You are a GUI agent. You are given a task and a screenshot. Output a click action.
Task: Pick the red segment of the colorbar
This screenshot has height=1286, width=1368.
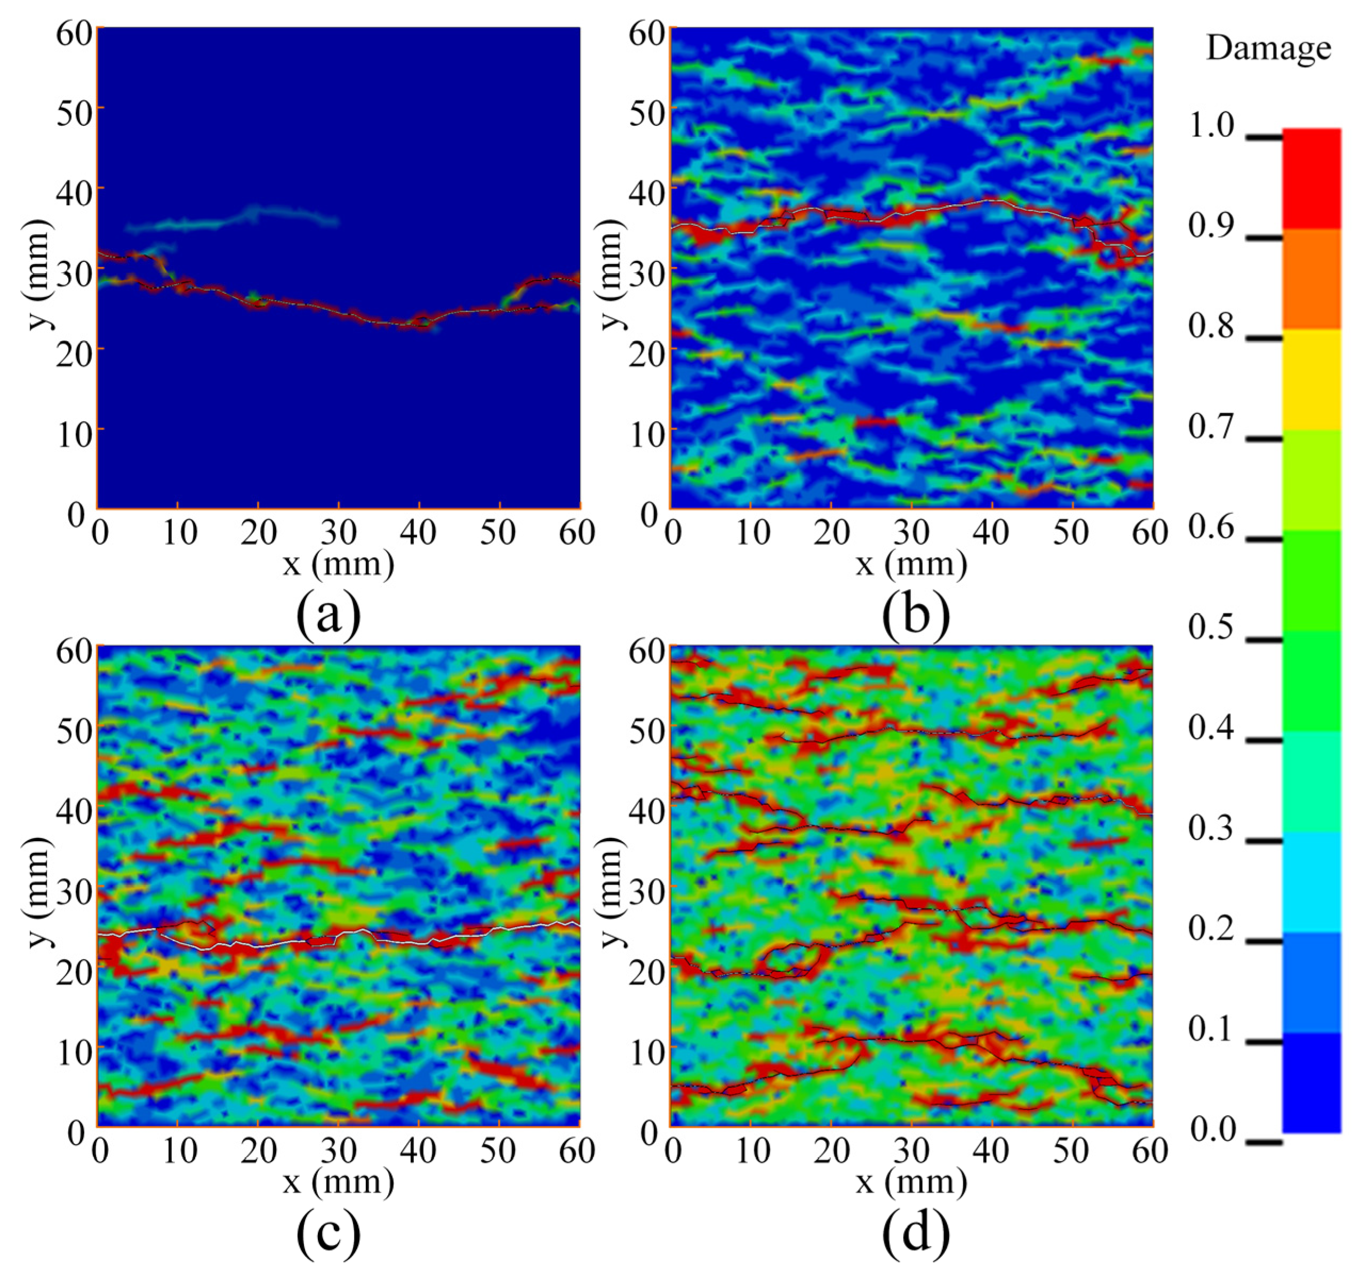1311,179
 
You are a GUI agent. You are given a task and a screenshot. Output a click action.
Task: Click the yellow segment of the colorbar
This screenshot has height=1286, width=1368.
1311,380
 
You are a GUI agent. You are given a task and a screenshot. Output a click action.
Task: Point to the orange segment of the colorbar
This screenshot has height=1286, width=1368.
1311,279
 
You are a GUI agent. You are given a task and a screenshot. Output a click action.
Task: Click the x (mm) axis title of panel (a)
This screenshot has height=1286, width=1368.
338,564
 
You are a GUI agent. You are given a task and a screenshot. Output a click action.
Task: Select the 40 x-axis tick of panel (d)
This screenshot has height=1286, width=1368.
991,1151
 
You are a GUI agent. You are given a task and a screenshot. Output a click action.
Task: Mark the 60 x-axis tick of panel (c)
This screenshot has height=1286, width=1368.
577,1151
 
